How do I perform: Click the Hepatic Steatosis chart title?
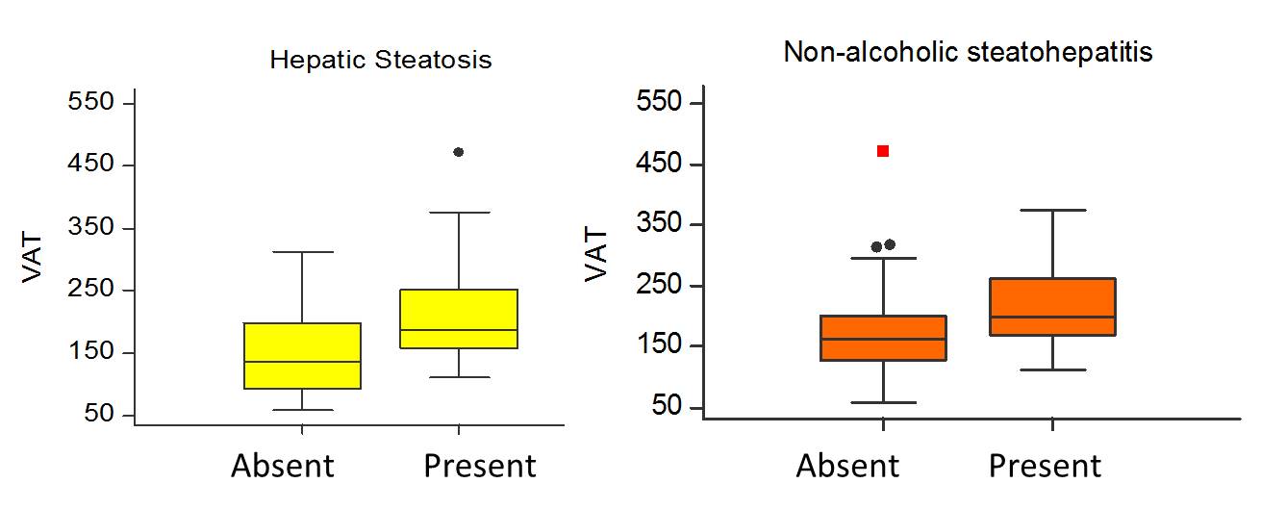tap(380, 61)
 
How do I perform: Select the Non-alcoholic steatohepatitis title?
tap(968, 52)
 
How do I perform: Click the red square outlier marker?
tap(883, 151)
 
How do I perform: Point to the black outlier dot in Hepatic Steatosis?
tap(458, 152)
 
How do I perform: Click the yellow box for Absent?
tap(302, 356)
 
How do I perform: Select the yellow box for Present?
tap(458, 318)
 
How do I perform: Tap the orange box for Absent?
tap(883, 338)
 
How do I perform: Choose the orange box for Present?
tap(1053, 307)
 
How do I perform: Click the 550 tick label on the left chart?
tap(91, 102)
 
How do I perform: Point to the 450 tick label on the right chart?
tap(660, 164)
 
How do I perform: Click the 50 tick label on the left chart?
tap(98, 416)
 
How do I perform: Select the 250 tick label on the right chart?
tap(660, 286)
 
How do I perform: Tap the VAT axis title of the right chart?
tap(597, 254)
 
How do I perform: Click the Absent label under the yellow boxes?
tap(283, 467)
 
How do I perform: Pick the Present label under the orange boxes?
tap(1045, 467)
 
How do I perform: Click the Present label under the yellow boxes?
tap(479, 467)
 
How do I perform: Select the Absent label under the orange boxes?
tap(847, 467)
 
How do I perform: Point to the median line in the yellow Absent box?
tap(302, 362)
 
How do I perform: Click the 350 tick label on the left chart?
tap(91, 228)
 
